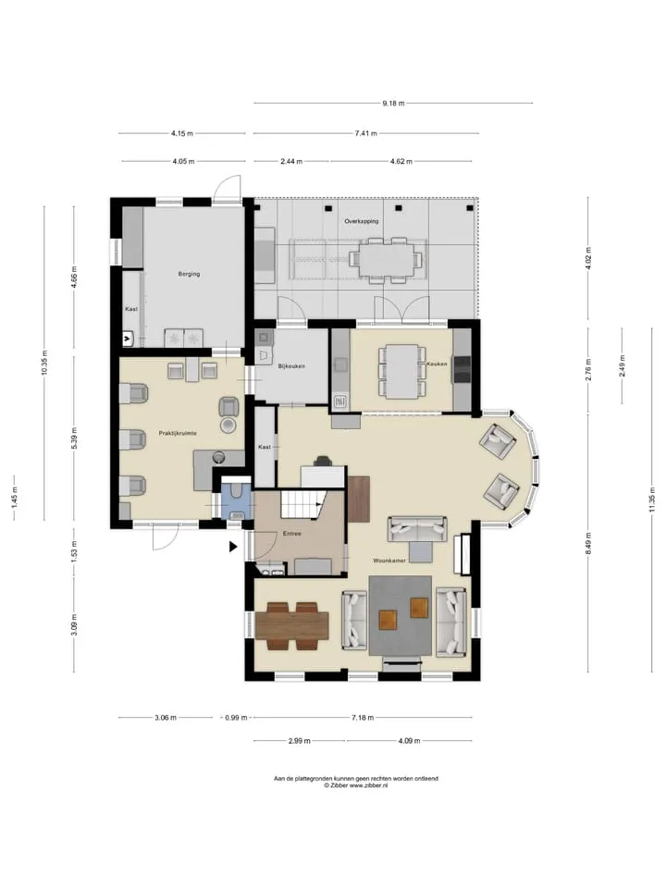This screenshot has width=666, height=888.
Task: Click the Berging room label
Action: [189, 274]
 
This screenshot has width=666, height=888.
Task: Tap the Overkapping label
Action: [362, 221]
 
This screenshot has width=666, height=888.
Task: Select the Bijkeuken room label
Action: [291, 366]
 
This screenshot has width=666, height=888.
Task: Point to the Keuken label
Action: [437, 364]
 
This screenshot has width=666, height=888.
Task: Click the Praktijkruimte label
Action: [178, 433]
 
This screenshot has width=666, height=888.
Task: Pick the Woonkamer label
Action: [389, 561]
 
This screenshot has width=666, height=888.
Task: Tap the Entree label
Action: [292, 534]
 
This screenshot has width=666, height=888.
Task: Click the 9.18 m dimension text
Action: [394, 104]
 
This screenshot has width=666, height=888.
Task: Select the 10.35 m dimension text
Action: [45, 363]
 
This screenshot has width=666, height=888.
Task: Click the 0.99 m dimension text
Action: [236, 718]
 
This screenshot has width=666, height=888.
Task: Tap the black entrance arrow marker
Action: [233, 547]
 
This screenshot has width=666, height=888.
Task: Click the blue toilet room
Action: [235, 500]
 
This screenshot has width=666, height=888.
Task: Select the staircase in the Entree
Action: [303, 504]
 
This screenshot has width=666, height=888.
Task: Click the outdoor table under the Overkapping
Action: [386, 259]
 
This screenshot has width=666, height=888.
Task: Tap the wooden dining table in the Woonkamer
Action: [291, 626]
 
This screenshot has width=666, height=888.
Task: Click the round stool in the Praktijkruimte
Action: [228, 425]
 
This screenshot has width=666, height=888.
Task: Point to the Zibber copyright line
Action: [355, 786]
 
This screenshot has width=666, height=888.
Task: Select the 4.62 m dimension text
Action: [401, 161]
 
